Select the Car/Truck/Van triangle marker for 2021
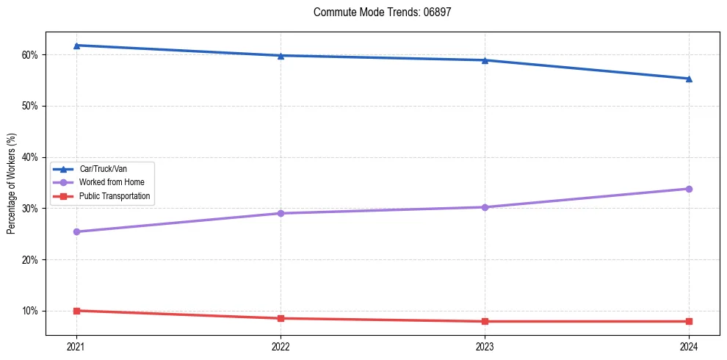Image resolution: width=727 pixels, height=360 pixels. coord(76,46)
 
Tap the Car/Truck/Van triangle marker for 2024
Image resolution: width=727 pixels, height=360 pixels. coord(689,79)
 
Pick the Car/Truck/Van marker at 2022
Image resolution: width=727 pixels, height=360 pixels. coord(281,56)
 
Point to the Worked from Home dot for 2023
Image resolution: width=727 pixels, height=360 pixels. coord(485,207)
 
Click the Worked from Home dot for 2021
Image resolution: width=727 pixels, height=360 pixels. coord(76,231)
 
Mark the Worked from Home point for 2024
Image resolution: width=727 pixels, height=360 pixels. coord(689,189)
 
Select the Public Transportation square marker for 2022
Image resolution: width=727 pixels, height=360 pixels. coord(281,318)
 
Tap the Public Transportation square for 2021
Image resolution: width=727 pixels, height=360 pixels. coord(76,311)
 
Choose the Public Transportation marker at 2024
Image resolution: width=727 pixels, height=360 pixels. coord(689,321)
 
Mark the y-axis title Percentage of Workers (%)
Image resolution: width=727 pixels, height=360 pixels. coord(12,184)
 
